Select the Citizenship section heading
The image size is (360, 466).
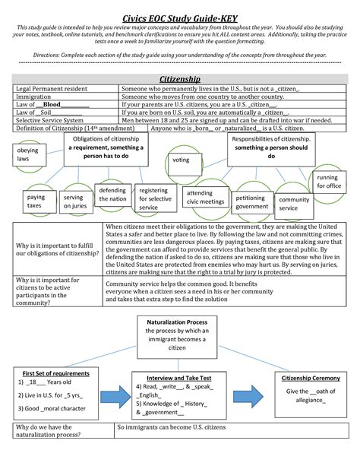point(179,79)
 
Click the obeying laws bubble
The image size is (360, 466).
point(27,156)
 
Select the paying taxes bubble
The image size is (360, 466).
point(36,201)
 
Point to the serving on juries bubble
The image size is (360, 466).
point(74,201)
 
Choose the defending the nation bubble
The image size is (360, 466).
point(112,194)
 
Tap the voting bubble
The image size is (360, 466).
point(181,160)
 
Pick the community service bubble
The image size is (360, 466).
point(294,204)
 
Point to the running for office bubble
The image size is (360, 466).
point(328,181)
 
